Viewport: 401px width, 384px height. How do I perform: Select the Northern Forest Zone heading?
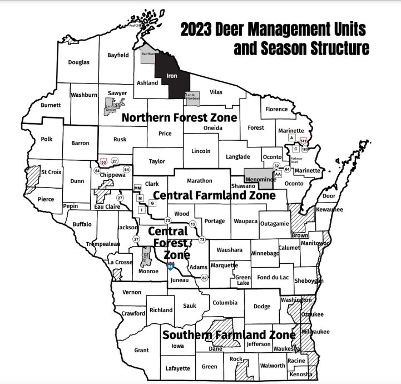(x=179, y=117)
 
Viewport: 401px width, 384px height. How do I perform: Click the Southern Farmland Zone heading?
(x=228, y=335)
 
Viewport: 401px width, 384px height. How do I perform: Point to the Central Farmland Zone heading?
(x=214, y=196)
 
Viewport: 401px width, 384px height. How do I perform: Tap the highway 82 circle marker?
(x=205, y=278)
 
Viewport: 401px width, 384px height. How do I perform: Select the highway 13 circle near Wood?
(x=192, y=224)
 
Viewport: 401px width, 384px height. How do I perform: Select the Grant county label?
(x=142, y=350)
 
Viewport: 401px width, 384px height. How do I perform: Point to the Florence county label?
(x=276, y=109)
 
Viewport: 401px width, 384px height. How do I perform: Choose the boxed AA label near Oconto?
(x=278, y=174)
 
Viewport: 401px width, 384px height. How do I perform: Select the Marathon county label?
(x=200, y=180)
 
